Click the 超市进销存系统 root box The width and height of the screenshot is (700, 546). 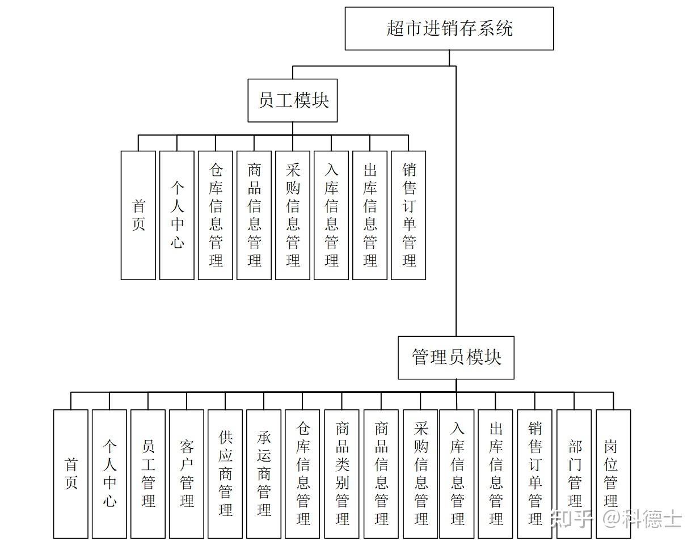[449, 28]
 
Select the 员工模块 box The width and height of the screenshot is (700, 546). [292, 100]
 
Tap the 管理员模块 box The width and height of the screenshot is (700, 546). [456, 358]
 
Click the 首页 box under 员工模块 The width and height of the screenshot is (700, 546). [138, 215]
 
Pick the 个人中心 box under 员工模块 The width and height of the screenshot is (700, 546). [177, 215]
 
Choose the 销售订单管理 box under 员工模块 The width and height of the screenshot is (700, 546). [408, 215]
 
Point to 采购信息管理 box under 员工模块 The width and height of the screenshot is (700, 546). [293, 215]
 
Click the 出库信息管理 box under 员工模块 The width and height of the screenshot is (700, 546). [370, 215]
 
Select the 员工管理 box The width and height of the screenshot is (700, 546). [148, 473]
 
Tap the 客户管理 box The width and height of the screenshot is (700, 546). [187, 473]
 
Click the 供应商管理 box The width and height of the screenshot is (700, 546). [225, 473]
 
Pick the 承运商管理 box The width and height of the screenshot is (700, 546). [264, 473]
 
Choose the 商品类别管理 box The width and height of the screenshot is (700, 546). [342, 473]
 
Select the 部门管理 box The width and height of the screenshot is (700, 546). [575, 473]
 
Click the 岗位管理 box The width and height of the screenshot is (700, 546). [613, 473]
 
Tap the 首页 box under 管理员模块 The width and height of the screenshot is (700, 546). [71, 473]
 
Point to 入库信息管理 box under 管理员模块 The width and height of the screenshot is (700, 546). [457, 473]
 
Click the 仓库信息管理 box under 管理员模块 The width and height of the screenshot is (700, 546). [303, 473]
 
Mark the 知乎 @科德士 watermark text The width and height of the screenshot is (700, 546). [616, 518]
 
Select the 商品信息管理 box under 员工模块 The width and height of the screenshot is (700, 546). [254, 215]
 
